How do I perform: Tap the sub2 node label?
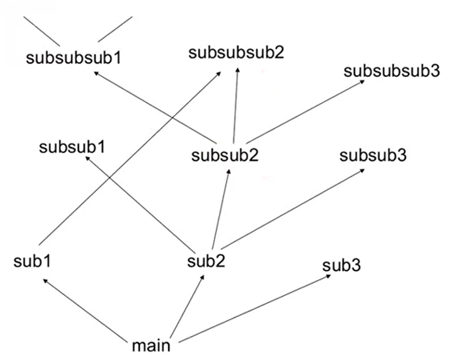[x=206, y=261]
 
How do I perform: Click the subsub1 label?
[x=72, y=147]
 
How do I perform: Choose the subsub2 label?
[x=226, y=155]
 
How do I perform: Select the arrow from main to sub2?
[x=188, y=304]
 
